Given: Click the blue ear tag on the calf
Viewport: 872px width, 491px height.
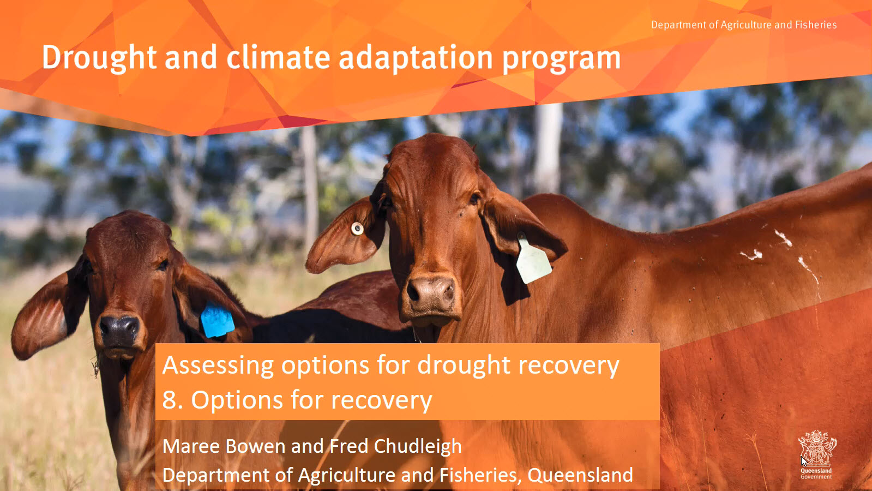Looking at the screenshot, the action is tap(217, 320).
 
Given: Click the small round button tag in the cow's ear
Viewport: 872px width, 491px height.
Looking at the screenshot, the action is tap(357, 229).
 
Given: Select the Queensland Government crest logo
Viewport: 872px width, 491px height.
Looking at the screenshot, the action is tap(816, 454).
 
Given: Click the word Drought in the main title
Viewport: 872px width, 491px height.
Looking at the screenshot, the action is tap(99, 58).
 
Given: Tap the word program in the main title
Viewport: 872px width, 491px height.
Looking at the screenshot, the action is tap(561, 59).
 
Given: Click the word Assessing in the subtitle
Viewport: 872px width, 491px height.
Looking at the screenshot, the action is tap(218, 366).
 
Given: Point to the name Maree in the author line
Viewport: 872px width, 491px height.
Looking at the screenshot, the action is tap(191, 446).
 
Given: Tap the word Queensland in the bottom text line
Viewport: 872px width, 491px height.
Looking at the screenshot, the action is tap(580, 475).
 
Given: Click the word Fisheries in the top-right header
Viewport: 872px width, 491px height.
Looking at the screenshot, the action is tap(815, 25).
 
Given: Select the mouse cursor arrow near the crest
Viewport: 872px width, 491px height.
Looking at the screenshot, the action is tap(804, 462).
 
